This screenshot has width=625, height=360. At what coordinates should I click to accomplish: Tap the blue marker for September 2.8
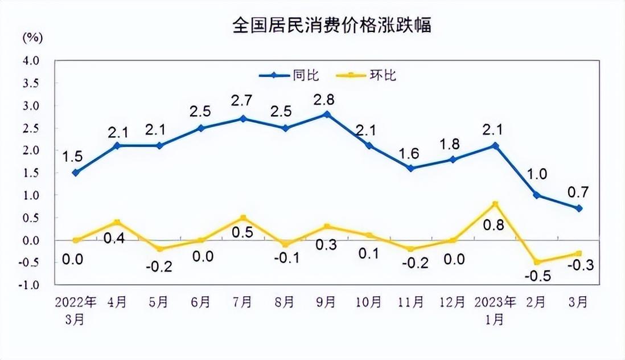tap(326, 114)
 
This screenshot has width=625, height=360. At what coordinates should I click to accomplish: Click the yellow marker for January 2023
tap(495, 204)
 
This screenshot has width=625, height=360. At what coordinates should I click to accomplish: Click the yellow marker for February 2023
tap(537, 262)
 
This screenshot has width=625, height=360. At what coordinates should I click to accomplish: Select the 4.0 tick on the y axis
tap(31, 60)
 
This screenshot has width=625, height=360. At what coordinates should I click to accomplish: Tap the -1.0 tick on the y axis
tap(31, 285)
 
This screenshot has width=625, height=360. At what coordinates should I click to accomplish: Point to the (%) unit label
tap(32, 38)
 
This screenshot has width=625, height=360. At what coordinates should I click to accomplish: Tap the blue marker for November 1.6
tap(411, 168)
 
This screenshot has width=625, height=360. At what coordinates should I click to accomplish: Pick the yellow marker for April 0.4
tap(118, 222)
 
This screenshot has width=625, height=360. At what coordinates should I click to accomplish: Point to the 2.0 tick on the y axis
tap(31, 150)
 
